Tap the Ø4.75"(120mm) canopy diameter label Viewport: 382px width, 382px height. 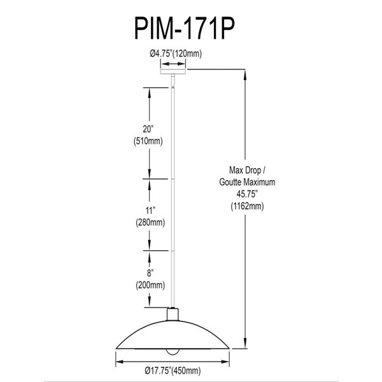(x=175, y=54)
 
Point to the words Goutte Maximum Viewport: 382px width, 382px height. (x=245, y=181)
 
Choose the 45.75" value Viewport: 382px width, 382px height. (x=245, y=194)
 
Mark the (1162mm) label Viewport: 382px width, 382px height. (x=245, y=206)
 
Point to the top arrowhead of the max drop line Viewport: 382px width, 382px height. (x=245, y=74)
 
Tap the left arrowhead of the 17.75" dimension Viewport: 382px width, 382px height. (x=118, y=360)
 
